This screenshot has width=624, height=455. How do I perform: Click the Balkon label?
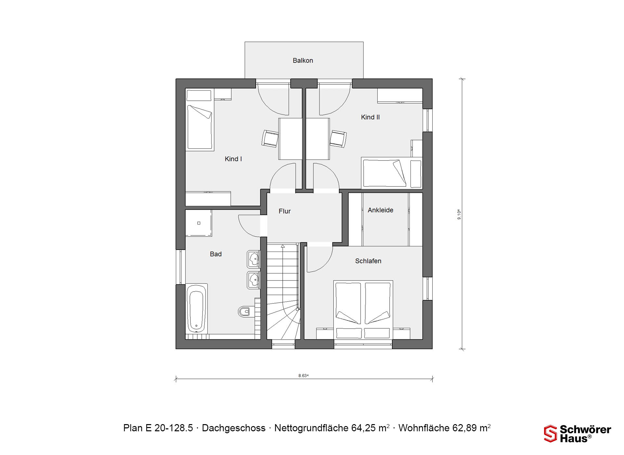303,60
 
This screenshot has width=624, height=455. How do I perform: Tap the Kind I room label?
233,159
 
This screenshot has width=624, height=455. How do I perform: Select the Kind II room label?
370,117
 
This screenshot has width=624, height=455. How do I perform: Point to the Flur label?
284,211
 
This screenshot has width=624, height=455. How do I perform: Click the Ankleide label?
380,210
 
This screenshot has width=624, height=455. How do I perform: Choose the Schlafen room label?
368,261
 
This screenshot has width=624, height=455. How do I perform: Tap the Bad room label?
215,254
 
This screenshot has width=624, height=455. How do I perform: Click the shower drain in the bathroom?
199,223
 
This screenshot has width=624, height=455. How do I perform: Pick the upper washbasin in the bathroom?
253,259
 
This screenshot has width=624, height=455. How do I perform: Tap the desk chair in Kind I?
270,138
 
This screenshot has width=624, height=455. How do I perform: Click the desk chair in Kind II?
338,139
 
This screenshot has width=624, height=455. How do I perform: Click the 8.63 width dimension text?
303,376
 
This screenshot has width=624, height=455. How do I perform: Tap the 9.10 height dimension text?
459,214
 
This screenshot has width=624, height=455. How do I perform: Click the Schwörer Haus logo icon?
551,434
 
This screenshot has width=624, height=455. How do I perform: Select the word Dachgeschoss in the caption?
234,428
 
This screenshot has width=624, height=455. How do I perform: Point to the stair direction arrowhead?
283,246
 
